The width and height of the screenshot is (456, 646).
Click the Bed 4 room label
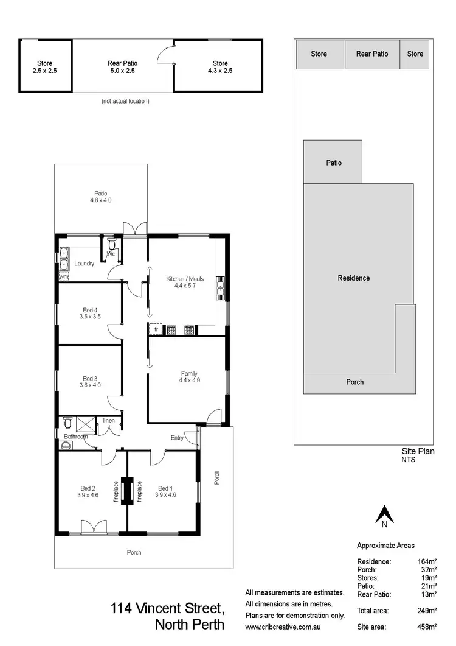[x=89, y=310]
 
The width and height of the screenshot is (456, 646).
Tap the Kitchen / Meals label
[x=185, y=279]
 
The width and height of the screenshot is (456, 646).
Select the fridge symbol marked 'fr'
[x=156, y=329]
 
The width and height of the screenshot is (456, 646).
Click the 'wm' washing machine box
[x=64, y=277]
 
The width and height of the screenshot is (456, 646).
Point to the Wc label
[x=111, y=254]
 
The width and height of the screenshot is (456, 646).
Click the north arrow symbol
[x=384, y=515]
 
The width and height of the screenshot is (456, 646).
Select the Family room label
[x=189, y=373]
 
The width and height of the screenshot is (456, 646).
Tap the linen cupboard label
[x=109, y=421]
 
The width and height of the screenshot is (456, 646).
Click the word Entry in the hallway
[x=177, y=437]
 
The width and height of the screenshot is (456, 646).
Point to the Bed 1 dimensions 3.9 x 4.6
[x=166, y=495]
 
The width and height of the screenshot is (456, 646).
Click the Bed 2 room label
[x=89, y=488]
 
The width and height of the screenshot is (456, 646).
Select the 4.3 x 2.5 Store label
[x=220, y=71]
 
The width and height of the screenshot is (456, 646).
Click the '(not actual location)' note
[x=125, y=101]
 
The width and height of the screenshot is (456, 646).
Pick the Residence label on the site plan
[x=354, y=278]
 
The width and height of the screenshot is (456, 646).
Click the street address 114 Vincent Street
[x=168, y=608]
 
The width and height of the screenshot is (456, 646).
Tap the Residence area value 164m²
[x=427, y=561]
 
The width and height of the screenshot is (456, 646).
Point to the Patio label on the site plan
[x=334, y=163]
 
